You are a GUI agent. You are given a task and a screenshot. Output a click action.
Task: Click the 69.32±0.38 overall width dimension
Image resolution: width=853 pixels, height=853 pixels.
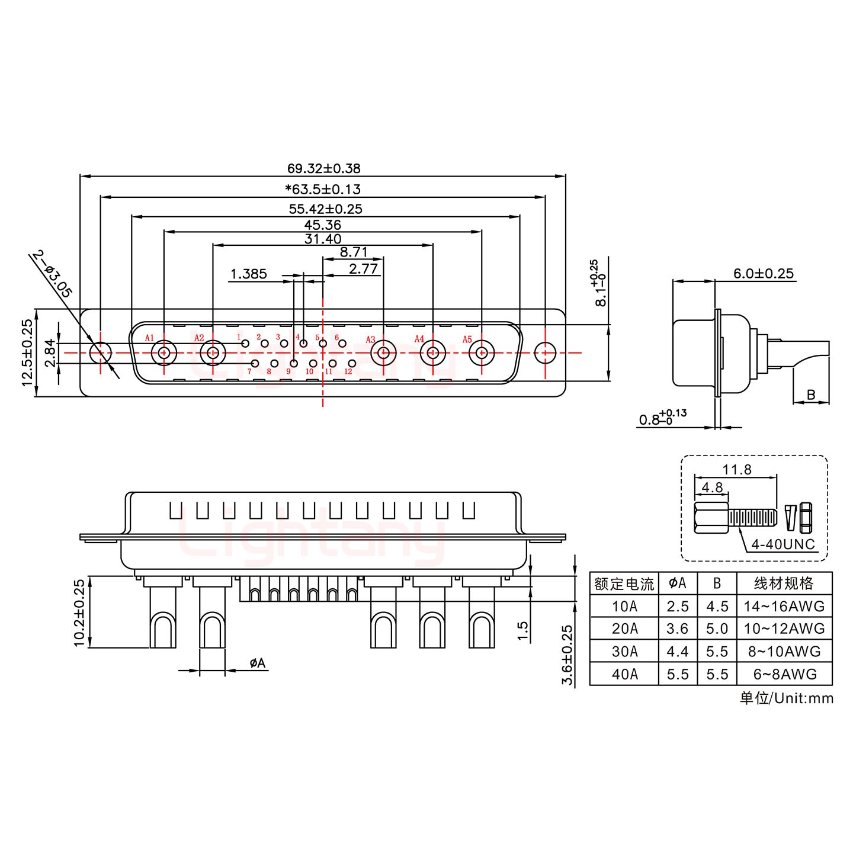(323, 168)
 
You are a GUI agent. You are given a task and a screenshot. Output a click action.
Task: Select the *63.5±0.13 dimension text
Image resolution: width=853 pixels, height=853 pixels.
(323, 190)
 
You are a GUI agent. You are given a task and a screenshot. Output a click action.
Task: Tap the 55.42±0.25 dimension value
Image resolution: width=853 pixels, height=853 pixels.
(325, 209)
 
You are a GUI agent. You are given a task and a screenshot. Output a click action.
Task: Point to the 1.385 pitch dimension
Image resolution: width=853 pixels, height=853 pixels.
(248, 274)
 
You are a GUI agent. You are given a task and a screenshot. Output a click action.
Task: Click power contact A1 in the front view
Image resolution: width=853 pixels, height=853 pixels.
(163, 354)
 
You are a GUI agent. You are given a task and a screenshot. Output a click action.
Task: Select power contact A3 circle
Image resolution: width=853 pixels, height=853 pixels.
(383, 354)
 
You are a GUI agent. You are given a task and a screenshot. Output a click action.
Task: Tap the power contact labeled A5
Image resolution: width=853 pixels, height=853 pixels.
(482, 354)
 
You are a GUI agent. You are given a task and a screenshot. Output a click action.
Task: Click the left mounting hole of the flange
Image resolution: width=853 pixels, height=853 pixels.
(100, 353)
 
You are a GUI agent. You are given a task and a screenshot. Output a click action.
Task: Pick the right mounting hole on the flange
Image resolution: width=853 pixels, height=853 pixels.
(545, 353)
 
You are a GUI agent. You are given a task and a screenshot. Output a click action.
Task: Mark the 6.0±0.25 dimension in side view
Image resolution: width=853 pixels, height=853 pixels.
(763, 274)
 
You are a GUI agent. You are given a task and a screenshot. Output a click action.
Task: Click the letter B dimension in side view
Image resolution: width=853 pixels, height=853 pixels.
(811, 395)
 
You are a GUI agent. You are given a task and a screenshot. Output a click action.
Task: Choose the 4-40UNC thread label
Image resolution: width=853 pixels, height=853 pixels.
(783, 544)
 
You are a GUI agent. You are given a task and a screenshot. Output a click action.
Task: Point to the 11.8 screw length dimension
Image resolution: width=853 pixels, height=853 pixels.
(736, 470)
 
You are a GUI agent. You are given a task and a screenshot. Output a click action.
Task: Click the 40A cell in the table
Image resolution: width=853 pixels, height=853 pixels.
(624, 674)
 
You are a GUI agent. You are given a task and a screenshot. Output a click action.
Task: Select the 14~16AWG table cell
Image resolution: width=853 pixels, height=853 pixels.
(784, 606)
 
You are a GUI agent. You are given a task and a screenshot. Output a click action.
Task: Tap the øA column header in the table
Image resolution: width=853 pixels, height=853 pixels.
(677, 583)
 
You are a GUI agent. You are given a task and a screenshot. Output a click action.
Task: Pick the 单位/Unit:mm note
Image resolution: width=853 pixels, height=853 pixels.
(786, 698)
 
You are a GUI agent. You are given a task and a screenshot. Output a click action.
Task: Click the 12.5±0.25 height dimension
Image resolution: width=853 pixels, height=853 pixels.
(27, 352)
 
